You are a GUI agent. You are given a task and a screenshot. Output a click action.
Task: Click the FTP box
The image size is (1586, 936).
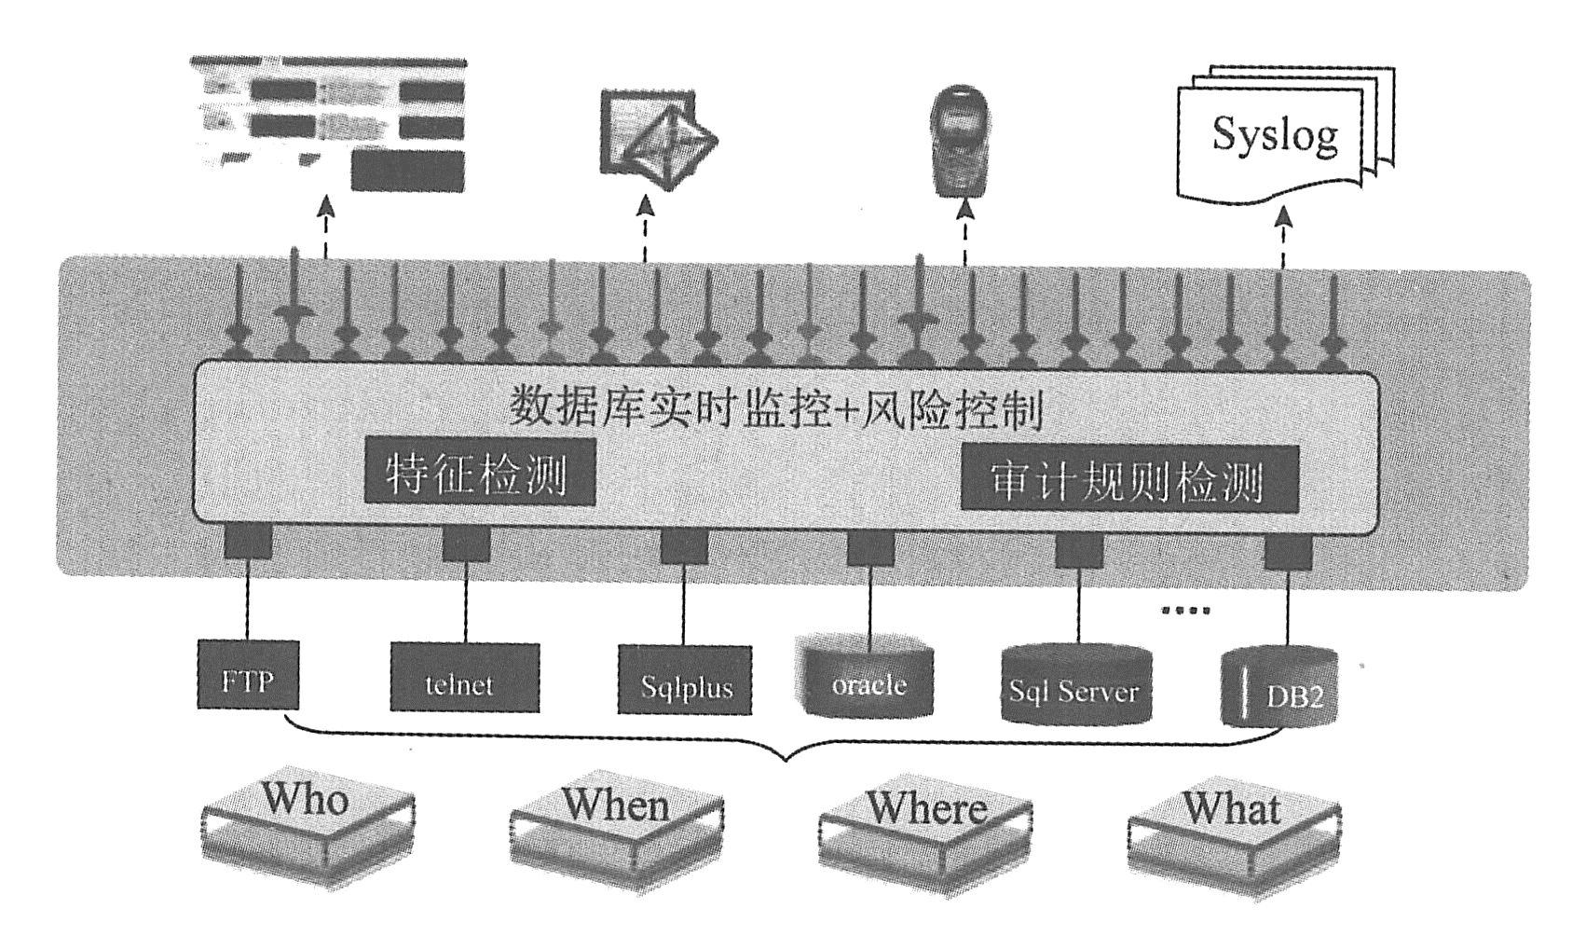point(249,674)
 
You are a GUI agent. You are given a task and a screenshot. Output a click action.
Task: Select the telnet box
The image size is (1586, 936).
point(464,678)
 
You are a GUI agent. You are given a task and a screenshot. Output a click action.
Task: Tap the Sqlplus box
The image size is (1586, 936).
point(685,681)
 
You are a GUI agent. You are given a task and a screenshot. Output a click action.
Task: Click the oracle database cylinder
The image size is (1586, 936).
point(868,678)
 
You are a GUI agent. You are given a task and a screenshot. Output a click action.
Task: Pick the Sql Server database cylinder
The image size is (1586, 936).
point(1076,684)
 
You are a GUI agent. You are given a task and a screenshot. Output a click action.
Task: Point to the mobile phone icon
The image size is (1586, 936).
point(961,141)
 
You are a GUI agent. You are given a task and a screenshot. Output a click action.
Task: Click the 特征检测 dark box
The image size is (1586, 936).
point(479,473)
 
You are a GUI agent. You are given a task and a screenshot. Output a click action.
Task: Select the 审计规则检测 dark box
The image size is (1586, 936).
point(1128,478)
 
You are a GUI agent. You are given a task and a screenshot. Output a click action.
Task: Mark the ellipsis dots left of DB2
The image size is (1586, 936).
point(1185,611)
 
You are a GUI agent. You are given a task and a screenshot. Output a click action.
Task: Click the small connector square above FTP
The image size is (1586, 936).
point(248,542)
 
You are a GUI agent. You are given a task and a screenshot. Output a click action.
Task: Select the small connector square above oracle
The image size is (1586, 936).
point(870,547)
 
